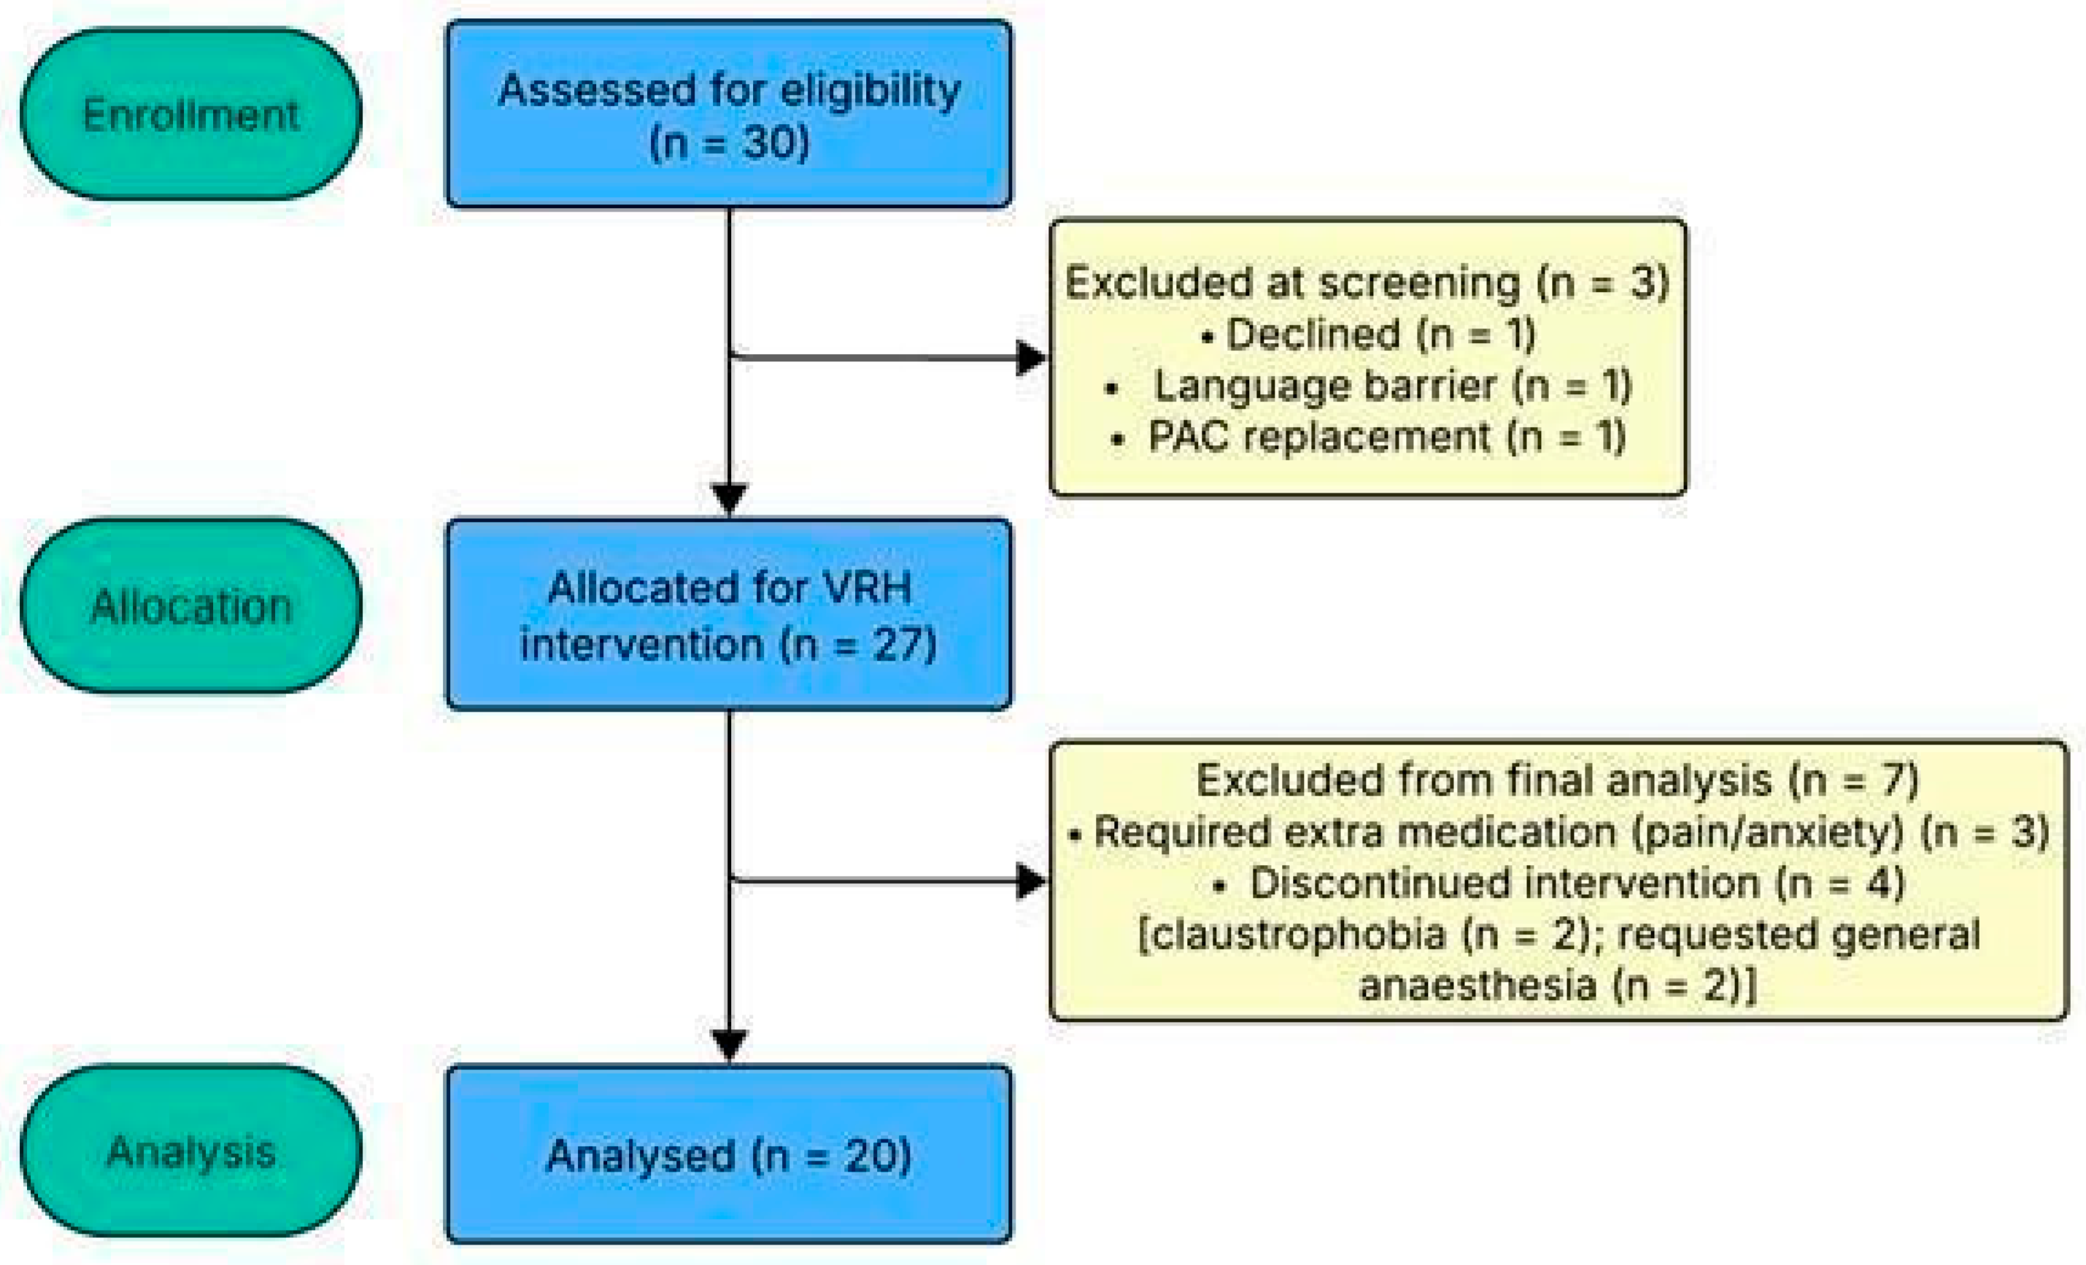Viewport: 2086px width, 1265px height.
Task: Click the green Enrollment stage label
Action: (191, 115)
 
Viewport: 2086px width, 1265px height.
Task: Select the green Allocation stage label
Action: (191, 607)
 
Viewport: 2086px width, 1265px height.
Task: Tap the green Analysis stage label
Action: (191, 1152)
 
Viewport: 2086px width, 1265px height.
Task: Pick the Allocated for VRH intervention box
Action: (729, 615)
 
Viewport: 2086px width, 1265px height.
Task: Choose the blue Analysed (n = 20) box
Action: (729, 1155)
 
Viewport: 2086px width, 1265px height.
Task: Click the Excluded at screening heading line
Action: (1367, 282)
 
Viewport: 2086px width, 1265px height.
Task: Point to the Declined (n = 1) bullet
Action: (1368, 334)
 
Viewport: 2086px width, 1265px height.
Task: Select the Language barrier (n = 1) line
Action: (1368, 386)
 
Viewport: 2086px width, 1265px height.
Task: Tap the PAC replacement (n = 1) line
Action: (1368, 438)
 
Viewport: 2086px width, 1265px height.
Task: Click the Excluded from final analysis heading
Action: (1558, 780)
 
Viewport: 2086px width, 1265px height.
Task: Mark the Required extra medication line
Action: (1558, 831)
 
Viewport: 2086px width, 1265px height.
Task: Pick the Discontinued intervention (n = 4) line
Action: (1558, 883)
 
